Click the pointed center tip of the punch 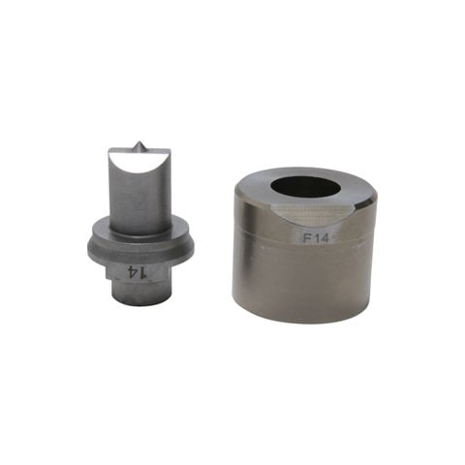point(139,142)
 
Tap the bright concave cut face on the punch point(138,161)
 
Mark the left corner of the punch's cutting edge point(109,149)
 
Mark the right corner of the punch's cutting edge point(168,148)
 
